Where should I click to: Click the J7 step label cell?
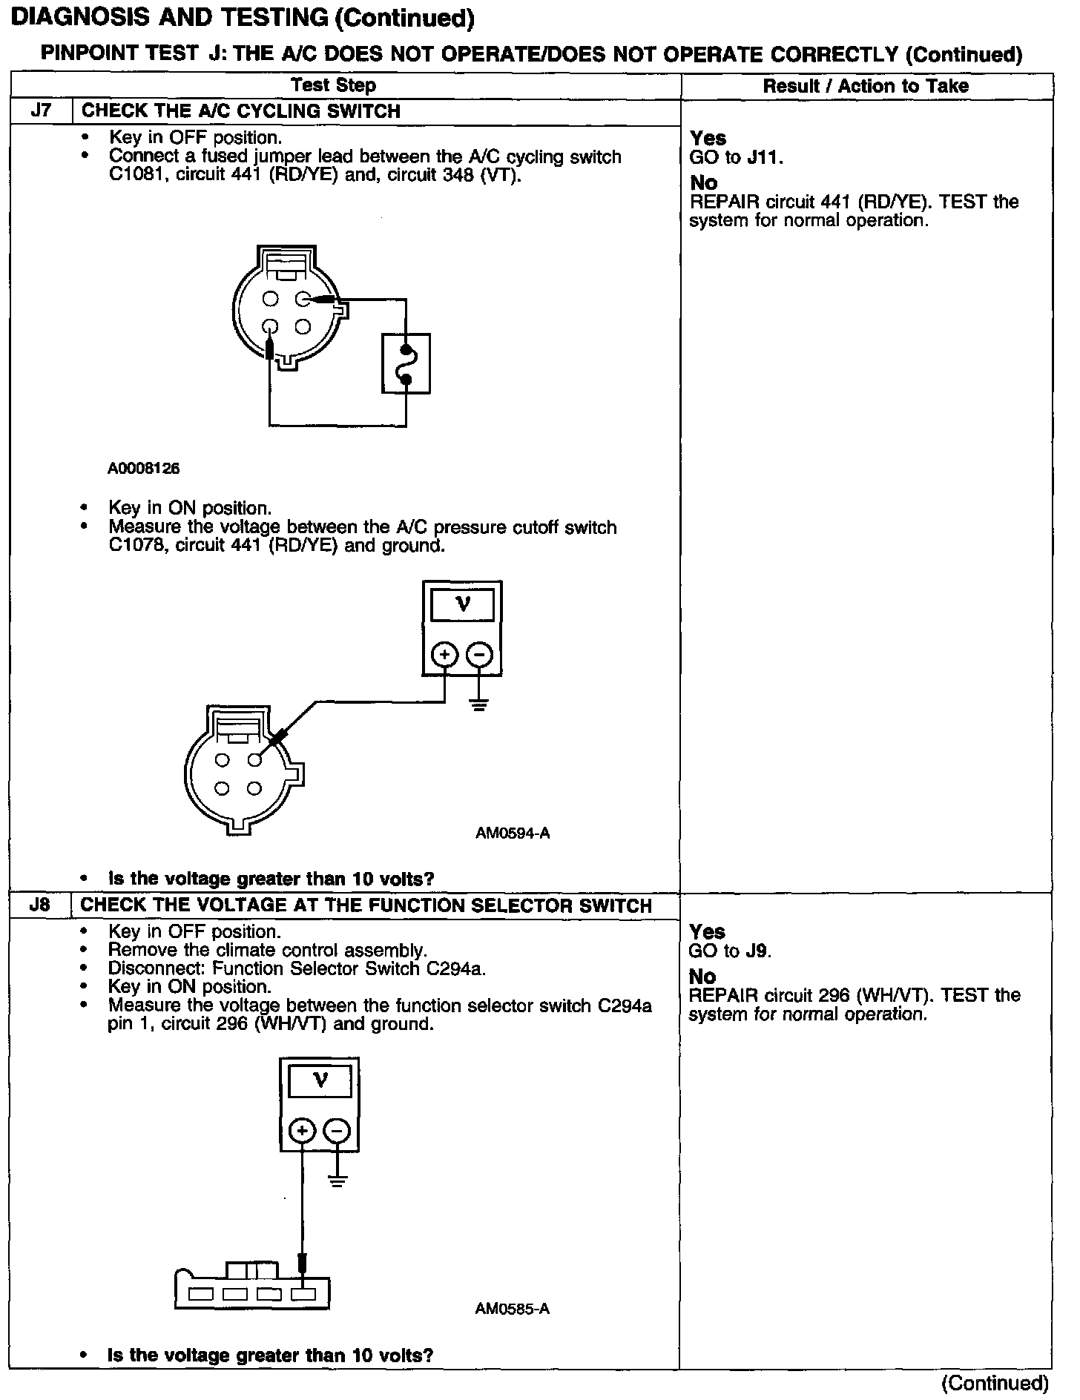(41, 111)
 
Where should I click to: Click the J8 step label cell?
(41, 905)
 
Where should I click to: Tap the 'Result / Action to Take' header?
(866, 86)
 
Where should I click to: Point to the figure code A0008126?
(143, 469)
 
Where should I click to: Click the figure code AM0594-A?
(513, 833)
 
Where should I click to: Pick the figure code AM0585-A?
(513, 1309)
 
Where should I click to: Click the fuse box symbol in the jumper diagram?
(406, 363)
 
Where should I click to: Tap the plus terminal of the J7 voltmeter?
(444, 655)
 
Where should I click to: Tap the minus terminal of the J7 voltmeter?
(479, 655)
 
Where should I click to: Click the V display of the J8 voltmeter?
(320, 1080)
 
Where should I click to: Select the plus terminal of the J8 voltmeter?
(302, 1131)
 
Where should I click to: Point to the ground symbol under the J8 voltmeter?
(337, 1180)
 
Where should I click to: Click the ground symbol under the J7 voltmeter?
(479, 704)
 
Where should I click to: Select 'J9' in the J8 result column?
(757, 951)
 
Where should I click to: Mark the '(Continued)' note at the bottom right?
(994, 1383)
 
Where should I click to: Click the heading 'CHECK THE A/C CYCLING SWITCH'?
(240, 111)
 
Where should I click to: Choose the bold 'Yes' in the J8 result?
(707, 932)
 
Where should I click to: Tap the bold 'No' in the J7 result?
(703, 182)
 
